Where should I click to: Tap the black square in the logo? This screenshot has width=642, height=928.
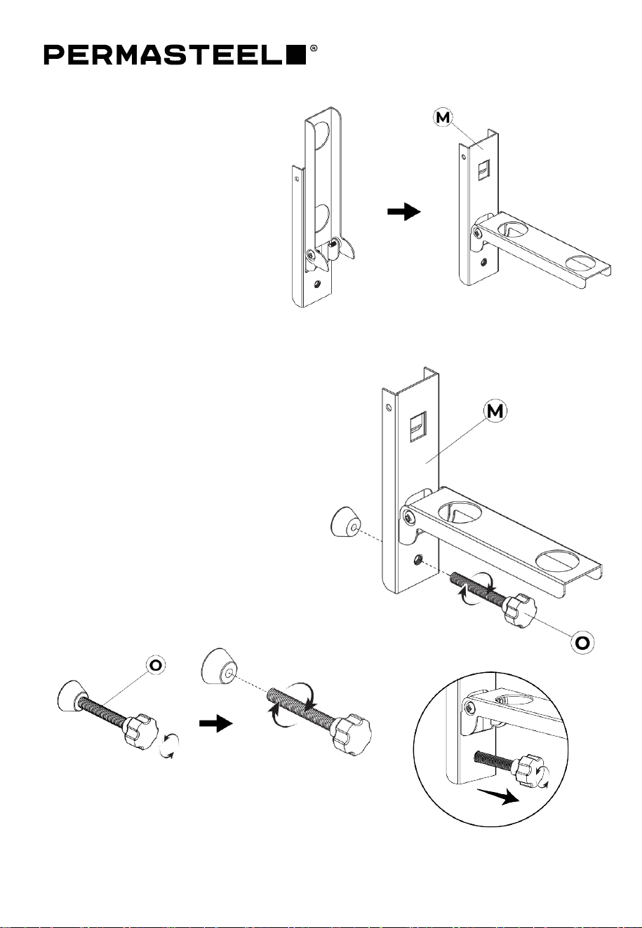297,55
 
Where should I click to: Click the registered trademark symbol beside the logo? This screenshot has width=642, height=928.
314,48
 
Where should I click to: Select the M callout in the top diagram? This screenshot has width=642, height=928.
443,117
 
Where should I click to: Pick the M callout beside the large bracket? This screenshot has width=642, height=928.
495,411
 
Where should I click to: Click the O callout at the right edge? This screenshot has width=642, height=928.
582,643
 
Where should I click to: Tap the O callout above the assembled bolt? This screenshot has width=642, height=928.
156,665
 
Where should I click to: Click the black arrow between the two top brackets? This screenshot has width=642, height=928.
404,212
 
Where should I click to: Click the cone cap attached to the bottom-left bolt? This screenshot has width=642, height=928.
72,696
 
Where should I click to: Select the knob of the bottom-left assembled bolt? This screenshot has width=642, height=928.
141,730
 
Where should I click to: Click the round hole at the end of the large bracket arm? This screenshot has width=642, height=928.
556,560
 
